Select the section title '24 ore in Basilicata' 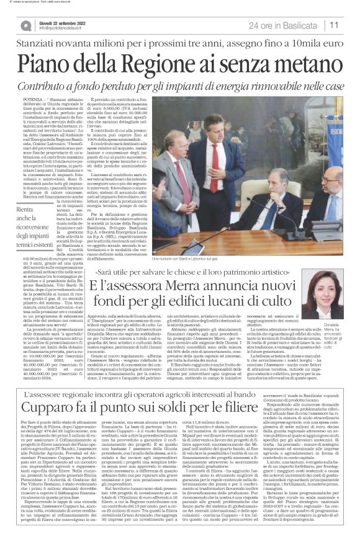(284, 25)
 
